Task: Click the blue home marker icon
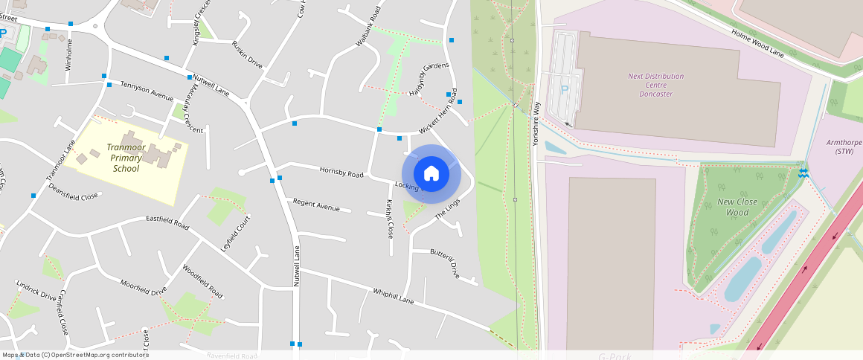pyautogui.click(x=431, y=174)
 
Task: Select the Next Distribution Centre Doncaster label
pyautogui.click(x=655, y=85)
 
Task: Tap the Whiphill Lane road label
pyautogui.click(x=393, y=296)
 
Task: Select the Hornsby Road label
pyautogui.click(x=341, y=173)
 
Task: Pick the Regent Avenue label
pyautogui.click(x=316, y=205)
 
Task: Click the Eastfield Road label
pyautogui.click(x=167, y=219)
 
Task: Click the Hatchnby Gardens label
pyautogui.click(x=429, y=79)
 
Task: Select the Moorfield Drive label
pyautogui.click(x=144, y=287)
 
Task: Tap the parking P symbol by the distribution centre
pyautogui.click(x=564, y=89)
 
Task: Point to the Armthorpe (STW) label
pyautogui.click(x=844, y=147)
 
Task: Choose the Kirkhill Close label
pyautogui.click(x=389, y=219)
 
